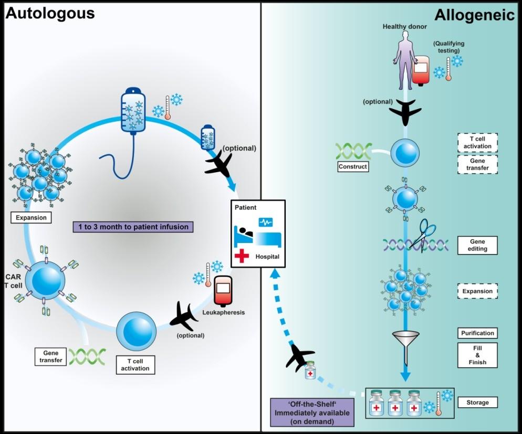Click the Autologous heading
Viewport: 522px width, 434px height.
tap(50, 13)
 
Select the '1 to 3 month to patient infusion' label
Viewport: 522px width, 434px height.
tap(133, 227)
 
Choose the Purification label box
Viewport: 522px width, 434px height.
tap(477, 333)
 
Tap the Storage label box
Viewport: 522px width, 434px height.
tap(477, 403)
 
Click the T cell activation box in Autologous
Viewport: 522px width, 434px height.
tap(135, 364)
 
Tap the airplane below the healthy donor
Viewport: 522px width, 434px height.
tap(405, 110)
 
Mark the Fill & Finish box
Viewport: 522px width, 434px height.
tap(477, 355)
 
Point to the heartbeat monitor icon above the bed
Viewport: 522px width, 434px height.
tap(266, 223)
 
